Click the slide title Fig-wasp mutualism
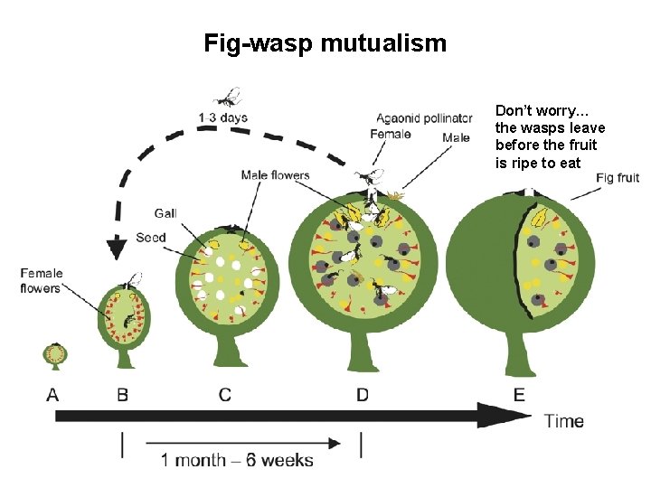(325, 42)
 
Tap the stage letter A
(53, 394)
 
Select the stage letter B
(122, 394)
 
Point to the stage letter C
(224, 394)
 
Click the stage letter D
(362, 394)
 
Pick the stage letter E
(519, 394)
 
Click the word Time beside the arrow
(563, 420)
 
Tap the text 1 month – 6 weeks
(237, 460)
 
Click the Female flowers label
(41, 280)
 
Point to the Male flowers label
(275, 175)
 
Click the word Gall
(165, 213)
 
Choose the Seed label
(151, 238)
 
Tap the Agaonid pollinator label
(424, 118)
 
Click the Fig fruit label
(618, 178)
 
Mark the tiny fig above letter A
(54, 354)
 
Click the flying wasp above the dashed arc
(229, 95)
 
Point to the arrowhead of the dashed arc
(115, 248)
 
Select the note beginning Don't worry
(550, 136)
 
